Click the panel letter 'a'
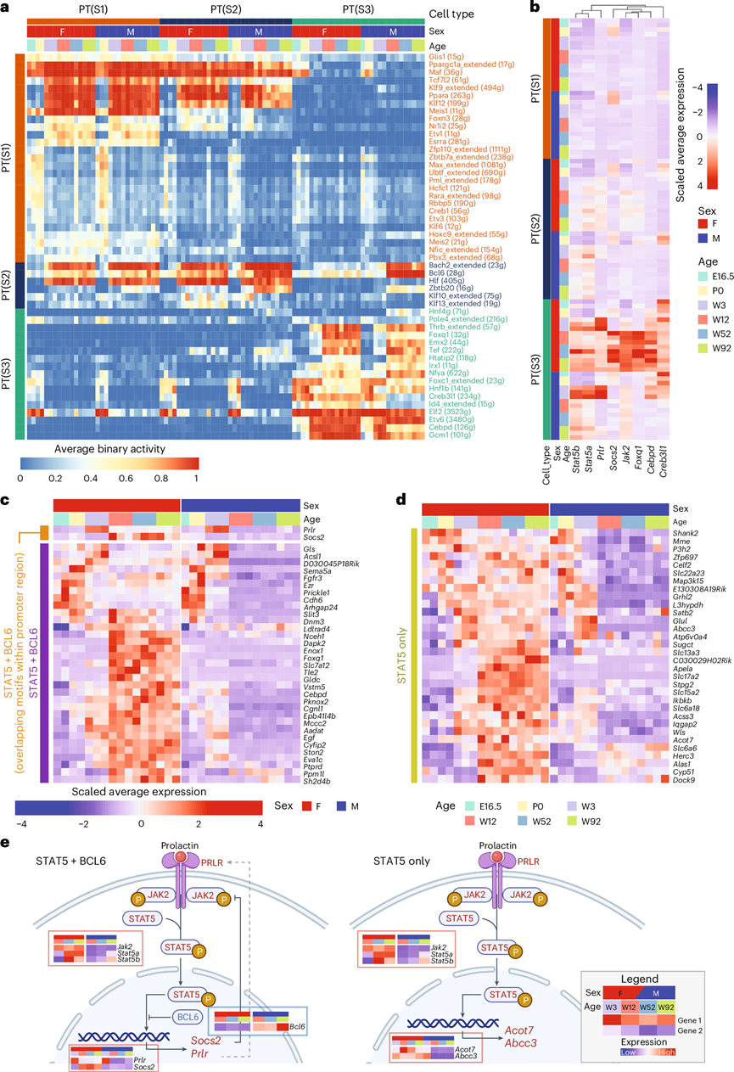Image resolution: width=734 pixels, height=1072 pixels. pos(6,8)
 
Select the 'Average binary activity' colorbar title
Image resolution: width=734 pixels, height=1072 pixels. pos(109,447)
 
